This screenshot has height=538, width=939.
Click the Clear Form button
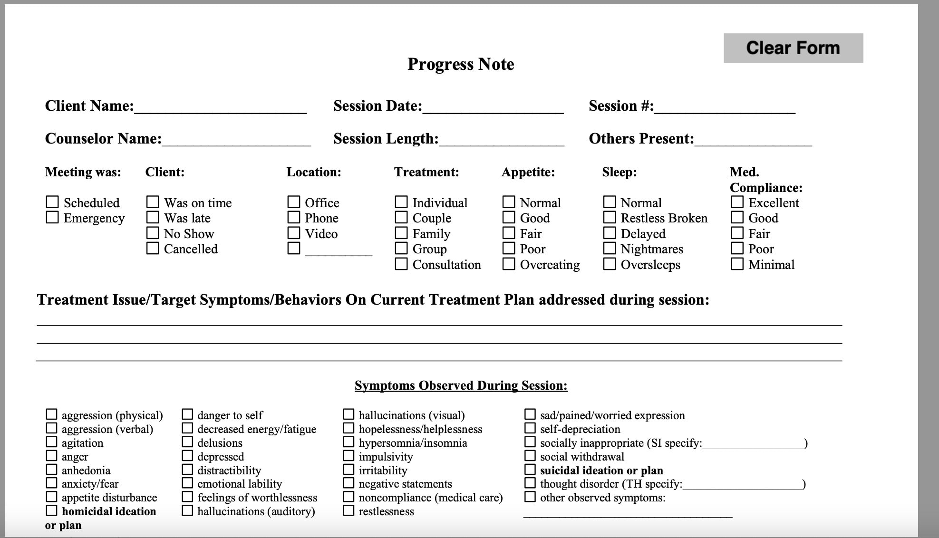coord(793,48)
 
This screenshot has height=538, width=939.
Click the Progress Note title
coord(461,64)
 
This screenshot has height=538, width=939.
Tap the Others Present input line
coord(753,141)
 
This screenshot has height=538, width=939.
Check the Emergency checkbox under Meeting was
coord(52,218)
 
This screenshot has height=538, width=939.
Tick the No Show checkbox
coord(153,233)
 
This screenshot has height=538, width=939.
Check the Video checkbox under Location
coord(294,233)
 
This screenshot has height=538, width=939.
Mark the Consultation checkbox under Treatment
coord(401,264)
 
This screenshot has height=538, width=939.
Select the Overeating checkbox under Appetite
coord(509,264)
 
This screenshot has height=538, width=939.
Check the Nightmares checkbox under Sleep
coord(610,249)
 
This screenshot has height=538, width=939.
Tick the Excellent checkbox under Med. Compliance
coord(737,202)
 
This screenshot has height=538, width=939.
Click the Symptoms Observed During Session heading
coord(461,385)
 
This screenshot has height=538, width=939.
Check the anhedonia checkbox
coord(51,470)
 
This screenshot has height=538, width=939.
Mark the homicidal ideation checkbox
coord(51,510)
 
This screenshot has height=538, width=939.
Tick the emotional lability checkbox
coord(188,483)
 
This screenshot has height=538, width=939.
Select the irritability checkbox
coord(348,470)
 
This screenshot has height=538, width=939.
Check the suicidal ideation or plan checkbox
coord(530,470)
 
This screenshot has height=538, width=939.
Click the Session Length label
coord(386,139)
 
